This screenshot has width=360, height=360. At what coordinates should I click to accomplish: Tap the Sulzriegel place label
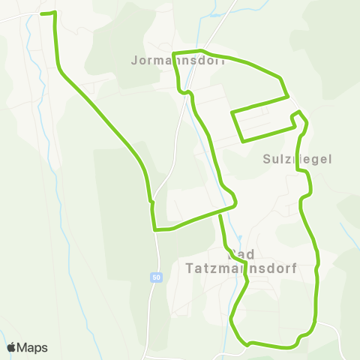point(298,159)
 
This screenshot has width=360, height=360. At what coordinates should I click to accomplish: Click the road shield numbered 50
point(155,277)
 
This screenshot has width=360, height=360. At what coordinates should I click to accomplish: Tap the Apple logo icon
point(12,347)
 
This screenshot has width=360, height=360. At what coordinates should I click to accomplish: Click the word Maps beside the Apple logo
point(34,348)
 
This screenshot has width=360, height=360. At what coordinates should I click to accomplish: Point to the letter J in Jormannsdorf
point(134,59)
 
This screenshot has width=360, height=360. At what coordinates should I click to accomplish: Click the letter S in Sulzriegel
point(268,159)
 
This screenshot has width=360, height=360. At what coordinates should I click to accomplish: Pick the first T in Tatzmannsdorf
point(188,267)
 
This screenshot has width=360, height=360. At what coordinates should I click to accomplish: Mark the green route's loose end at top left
point(41,13)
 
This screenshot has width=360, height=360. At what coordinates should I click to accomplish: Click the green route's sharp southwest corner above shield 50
point(154,229)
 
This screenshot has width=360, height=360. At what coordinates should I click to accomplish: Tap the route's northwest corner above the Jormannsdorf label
point(174,54)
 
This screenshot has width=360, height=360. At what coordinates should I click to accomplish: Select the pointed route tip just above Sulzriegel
point(298,112)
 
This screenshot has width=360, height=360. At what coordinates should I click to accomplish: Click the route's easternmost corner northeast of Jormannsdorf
point(288,96)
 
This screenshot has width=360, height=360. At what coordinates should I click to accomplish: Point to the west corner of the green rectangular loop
point(232,113)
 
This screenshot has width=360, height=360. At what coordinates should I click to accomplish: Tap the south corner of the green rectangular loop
point(242,140)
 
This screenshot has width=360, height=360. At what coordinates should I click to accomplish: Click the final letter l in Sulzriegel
point(328,159)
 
